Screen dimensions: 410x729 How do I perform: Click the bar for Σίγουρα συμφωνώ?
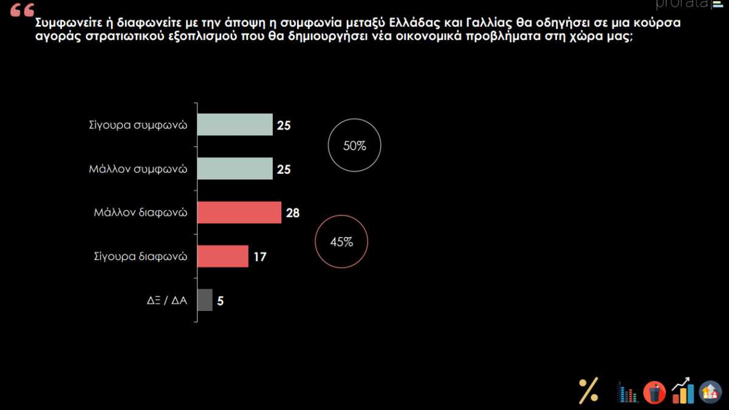pos(235,125)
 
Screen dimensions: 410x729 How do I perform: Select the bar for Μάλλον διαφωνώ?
pos(239,213)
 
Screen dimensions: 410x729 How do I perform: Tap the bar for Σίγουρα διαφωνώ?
pos(223,256)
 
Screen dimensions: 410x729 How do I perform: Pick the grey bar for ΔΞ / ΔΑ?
pos(205,300)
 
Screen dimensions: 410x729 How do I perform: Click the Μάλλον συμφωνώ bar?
pos(235,169)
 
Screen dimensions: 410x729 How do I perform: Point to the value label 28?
pos(293,213)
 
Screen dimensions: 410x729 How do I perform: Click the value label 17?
pos(259,257)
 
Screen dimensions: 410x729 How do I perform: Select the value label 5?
pos(221,301)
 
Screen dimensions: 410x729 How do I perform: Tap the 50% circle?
pos(354,146)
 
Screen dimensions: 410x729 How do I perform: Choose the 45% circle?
pos(341,242)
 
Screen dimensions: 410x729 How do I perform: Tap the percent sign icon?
pos(588,390)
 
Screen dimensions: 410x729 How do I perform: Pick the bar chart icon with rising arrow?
pos(683,390)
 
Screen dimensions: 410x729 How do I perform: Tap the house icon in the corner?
pos(710,392)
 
